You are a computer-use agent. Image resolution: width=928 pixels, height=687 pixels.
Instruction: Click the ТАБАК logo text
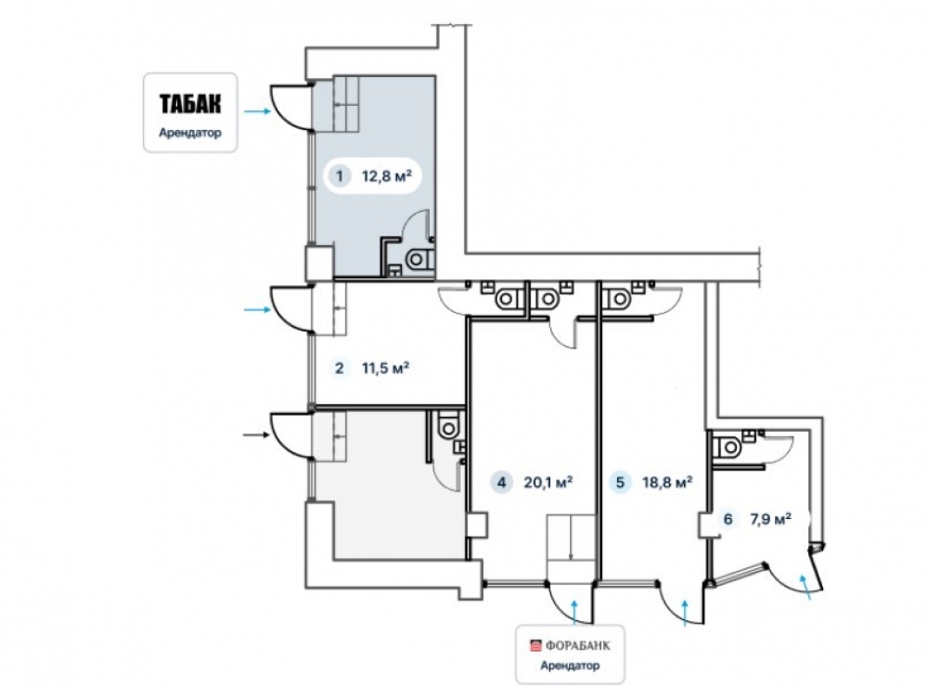click(x=190, y=104)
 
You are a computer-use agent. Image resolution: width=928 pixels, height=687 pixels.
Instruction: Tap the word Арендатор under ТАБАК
click(x=190, y=133)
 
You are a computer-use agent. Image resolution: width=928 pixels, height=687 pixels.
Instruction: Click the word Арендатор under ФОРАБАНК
click(x=570, y=665)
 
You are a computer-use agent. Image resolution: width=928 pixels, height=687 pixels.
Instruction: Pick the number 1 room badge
click(x=339, y=175)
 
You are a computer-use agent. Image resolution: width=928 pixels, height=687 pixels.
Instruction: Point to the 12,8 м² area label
click(x=386, y=175)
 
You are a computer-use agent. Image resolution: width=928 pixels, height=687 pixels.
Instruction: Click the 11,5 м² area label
click(x=386, y=369)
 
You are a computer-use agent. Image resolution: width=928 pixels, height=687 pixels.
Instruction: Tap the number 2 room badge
click(x=339, y=369)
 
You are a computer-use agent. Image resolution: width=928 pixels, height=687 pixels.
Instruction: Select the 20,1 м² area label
click(x=548, y=482)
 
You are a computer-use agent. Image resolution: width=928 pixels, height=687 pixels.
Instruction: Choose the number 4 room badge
click(x=502, y=482)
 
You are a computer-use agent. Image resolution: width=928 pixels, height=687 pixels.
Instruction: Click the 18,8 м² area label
click(x=667, y=482)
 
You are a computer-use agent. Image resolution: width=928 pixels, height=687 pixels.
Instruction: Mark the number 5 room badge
click(x=620, y=482)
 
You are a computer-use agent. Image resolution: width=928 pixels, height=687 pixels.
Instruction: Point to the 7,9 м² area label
click(x=771, y=519)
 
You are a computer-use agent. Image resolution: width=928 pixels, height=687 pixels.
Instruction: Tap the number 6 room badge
click(x=728, y=519)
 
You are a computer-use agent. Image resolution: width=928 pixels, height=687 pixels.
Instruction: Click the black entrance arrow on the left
click(x=257, y=435)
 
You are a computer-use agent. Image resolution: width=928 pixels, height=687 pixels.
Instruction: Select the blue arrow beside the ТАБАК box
click(x=257, y=110)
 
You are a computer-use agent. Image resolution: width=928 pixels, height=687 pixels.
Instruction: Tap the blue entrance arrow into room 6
click(x=805, y=587)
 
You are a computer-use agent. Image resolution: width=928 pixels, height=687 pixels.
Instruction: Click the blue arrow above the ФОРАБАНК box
click(x=574, y=612)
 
